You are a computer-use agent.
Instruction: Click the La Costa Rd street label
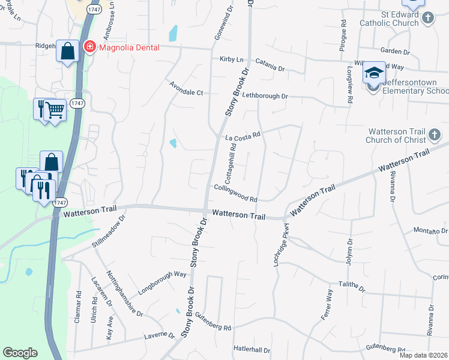(243, 137)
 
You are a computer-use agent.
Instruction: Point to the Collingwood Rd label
(235, 193)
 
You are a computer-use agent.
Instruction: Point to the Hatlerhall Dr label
(252, 350)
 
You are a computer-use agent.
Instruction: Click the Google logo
(20, 353)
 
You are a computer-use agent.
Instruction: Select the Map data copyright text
(423, 355)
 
